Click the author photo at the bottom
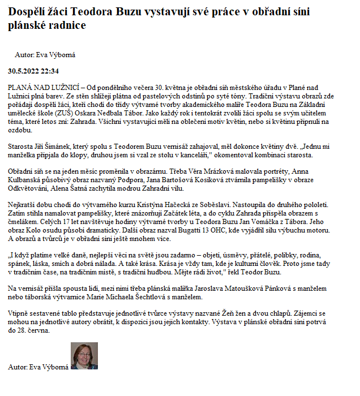pos(84,356)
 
